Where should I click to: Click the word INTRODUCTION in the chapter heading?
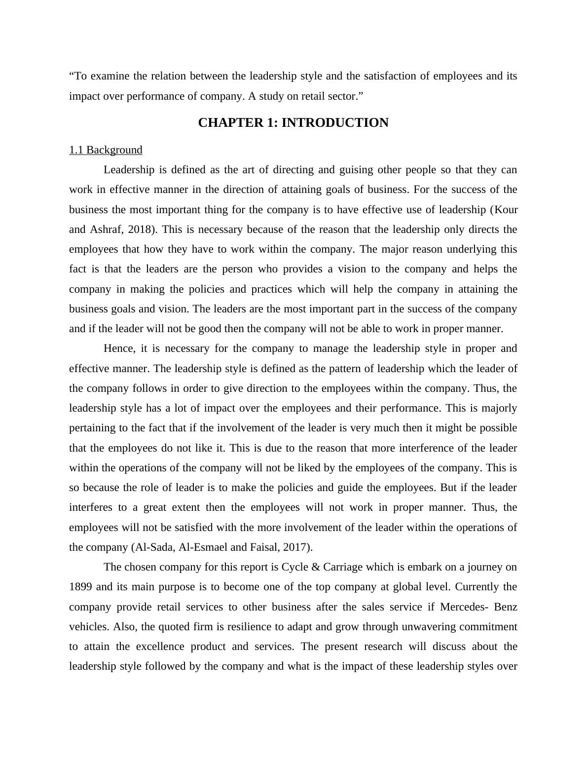tap(335, 123)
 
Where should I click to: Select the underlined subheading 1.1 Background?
tap(106, 150)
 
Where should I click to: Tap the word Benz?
tap(505, 607)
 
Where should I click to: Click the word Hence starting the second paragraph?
tap(119, 348)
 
